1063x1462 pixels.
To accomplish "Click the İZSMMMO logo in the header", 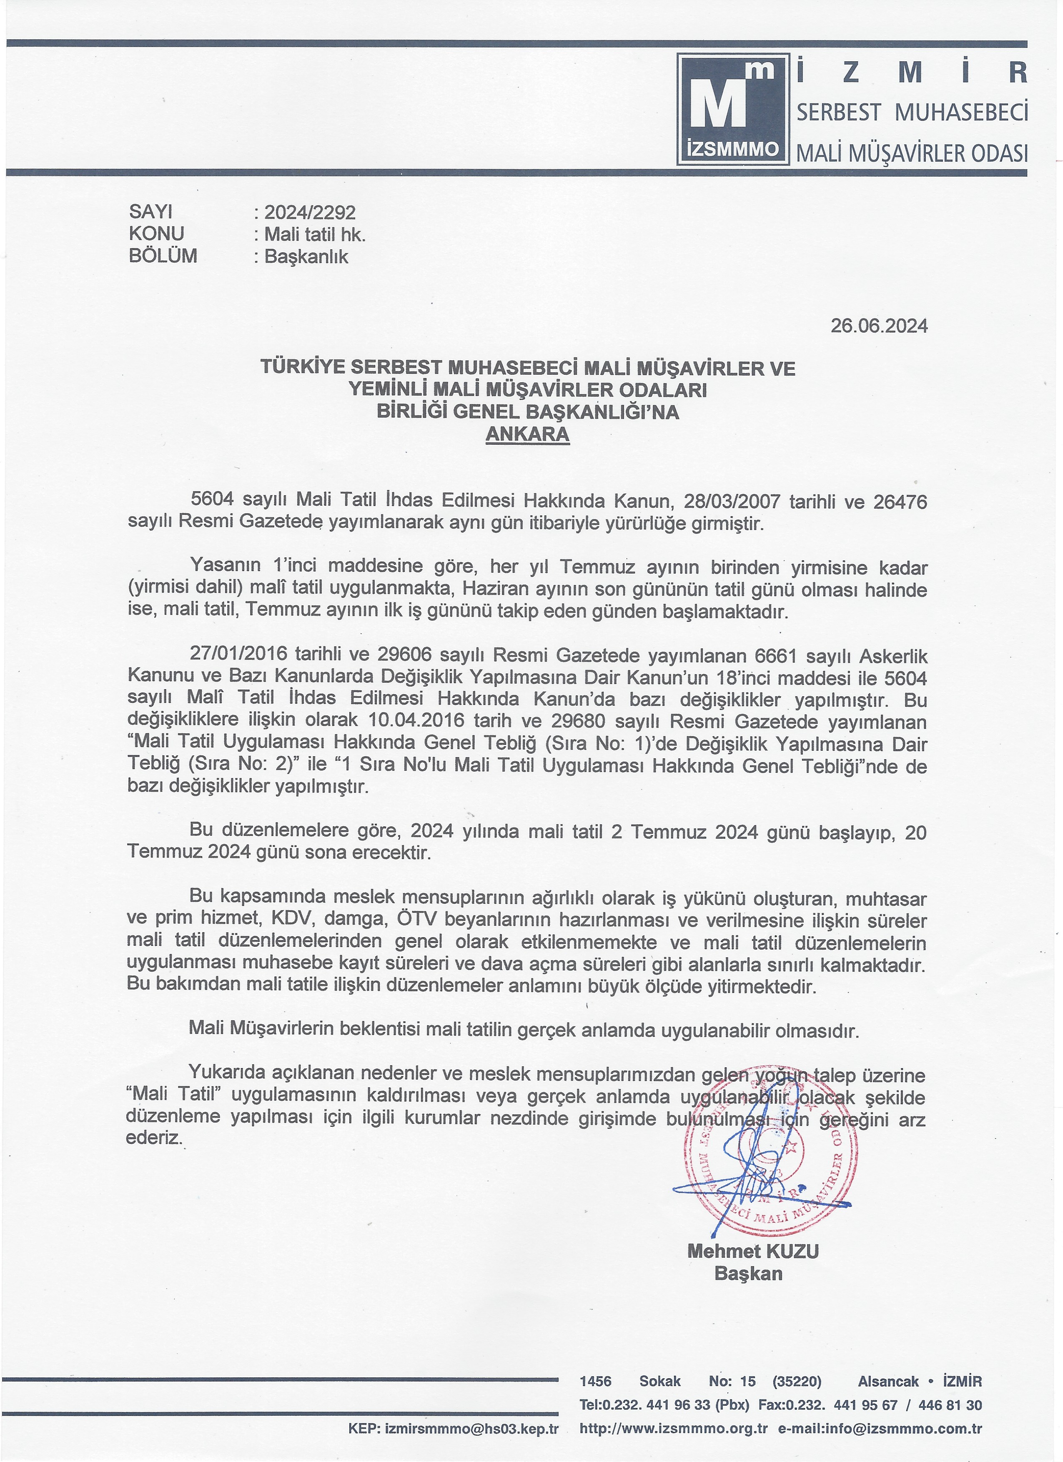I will tap(733, 108).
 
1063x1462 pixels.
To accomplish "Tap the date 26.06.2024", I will tap(879, 326).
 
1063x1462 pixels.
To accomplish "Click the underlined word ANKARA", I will tap(527, 434).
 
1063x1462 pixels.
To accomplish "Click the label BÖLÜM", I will tap(163, 256).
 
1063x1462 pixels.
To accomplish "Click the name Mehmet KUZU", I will tap(753, 1251).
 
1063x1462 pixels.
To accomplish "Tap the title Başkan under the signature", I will tap(748, 1274).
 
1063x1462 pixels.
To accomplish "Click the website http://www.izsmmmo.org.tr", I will tap(674, 1428).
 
